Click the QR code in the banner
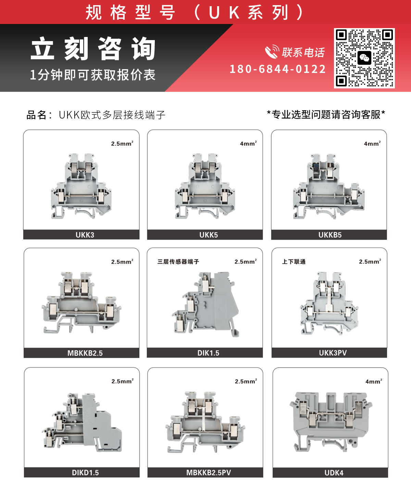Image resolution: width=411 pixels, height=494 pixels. [x=364, y=58]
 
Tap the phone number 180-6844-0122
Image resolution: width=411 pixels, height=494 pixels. [x=278, y=69]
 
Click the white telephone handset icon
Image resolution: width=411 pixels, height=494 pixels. [x=272, y=51]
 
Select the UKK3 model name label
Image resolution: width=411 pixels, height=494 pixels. [x=85, y=235]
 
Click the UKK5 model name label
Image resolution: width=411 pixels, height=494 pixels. [x=209, y=235]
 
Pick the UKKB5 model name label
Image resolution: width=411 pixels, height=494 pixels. [x=330, y=235]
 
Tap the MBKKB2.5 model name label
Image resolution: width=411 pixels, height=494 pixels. [x=85, y=353]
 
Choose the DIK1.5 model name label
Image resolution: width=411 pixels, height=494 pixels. [x=208, y=353]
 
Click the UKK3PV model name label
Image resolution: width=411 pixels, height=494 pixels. [x=333, y=353]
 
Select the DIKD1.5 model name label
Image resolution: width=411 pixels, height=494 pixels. [x=85, y=473]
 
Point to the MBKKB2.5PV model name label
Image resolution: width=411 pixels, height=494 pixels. [x=209, y=472]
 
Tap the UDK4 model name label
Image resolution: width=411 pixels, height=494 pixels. [x=334, y=473]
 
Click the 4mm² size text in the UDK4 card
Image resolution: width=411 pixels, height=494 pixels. [x=374, y=381]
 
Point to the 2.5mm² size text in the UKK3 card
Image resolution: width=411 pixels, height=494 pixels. [x=122, y=144]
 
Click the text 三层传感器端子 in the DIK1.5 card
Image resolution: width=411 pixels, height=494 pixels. [x=178, y=262]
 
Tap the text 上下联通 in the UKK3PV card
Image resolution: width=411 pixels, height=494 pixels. [x=294, y=262]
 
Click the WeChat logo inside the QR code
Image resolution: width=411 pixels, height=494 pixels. [x=364, y=58]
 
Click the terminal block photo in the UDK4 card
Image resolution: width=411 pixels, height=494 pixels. [x=331, y=422]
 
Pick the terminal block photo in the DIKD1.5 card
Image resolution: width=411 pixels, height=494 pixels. [x=82, y=422]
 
